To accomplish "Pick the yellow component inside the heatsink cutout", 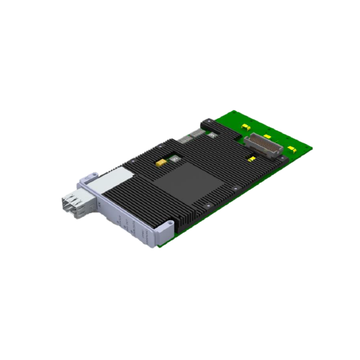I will (x=160, y=163).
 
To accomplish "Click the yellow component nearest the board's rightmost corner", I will (x=291, y=149).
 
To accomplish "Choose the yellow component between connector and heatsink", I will (x=253, y=156).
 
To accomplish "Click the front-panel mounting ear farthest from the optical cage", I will (x=165, y=229).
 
